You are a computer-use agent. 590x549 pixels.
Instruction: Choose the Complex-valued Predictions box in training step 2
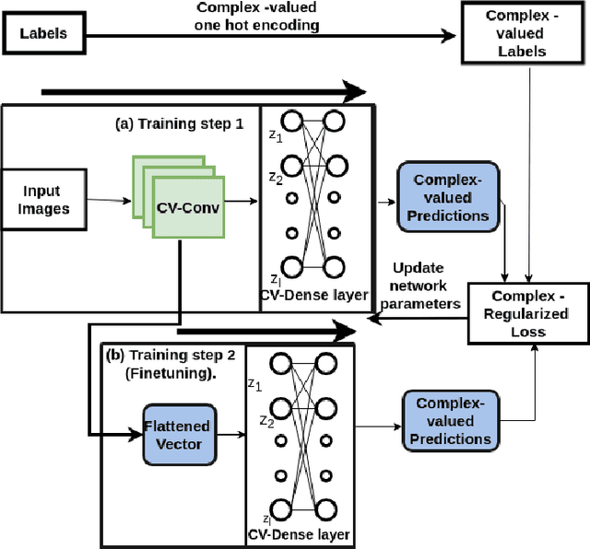click(x=452, y=421)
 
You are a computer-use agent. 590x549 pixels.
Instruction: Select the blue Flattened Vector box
click(x=176, y=433)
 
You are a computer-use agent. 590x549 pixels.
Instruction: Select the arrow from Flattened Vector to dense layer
click(x=230, y=433)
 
